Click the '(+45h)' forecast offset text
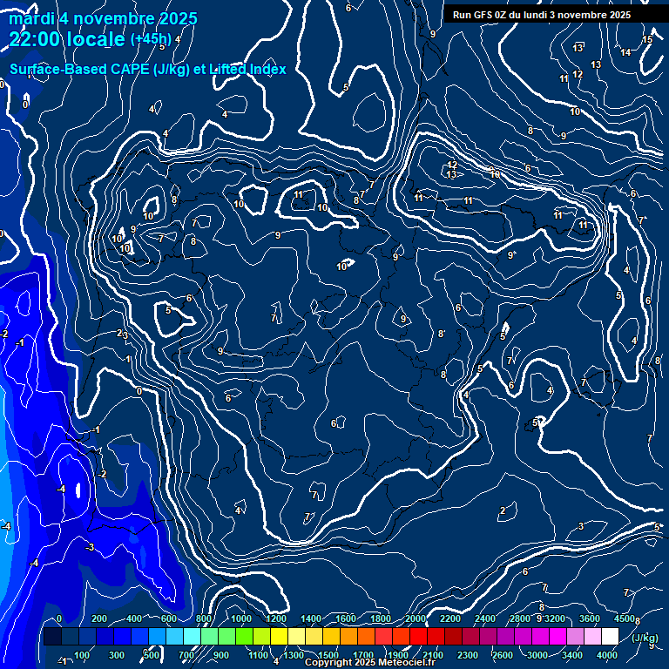(151, 39)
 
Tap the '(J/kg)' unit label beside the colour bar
(645, 638)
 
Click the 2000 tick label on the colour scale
(416, 618)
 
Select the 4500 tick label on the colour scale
(624, 618)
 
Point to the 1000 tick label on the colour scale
(241, 618)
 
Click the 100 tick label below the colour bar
(82, 655)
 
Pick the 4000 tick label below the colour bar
(607, 655)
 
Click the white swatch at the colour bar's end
(609, 637)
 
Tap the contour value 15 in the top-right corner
(647, 40)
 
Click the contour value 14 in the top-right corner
(625, 52)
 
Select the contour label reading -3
(90, 547)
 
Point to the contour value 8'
(442, 334)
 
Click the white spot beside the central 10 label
(350, 262)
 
